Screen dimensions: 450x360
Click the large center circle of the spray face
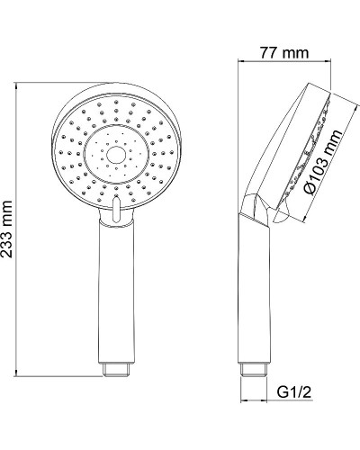114,156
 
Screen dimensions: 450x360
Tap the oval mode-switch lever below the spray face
115,208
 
